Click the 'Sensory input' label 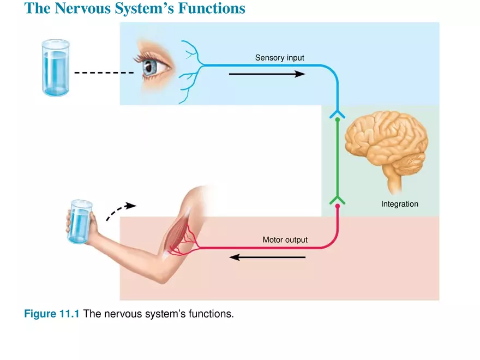click(279, 57)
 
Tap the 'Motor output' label click(285, 240)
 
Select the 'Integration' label click(399, 204)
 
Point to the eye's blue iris click(148, 67)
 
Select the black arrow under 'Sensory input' click(267, 74)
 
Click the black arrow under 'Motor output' click(267, 257)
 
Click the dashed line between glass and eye click(104, 73)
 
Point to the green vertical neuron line click(337, 158)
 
